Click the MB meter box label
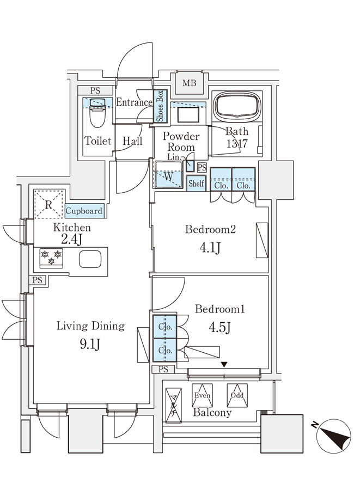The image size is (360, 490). pyautogui.click(x=190, y=83)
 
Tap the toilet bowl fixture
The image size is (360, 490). pyautogui.click(x=97, y=113)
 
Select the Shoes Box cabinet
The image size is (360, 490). pyautogui.click(x=160, y=106)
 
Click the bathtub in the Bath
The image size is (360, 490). pyautogui.click(x=236, y=106)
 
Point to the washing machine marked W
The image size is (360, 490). pyautogui.click(x=169, y=175)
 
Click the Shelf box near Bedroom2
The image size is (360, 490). pyautogui.click(x=196, y=183)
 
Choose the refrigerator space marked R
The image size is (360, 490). pyautogui.click(x=49, y=204)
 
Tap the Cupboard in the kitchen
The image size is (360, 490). pyautogui.click(x=84, y=211)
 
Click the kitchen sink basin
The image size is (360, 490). pyautogui.click(x=90, y=259)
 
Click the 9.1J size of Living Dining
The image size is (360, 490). pyautogui.click(x=90, y=345)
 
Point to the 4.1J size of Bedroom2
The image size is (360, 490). pyautogui.click(x=210, y=248)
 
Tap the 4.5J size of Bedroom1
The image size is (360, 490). pyautogui.click(x=219, y=328)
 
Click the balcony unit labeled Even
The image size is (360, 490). pyautogui.click(x=202, y=395)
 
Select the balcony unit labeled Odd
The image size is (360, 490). pyautogui.click(x=237, y=395)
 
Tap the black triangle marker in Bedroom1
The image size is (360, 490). pyautogui.click(x=224, y=365)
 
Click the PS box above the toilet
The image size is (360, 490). pyautogui.click(x=95, y=90)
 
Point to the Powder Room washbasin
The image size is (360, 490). pyautogui.click(x=188, y=114)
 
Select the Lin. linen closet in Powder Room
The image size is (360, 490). pyautogui.click(x=190, y=166)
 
